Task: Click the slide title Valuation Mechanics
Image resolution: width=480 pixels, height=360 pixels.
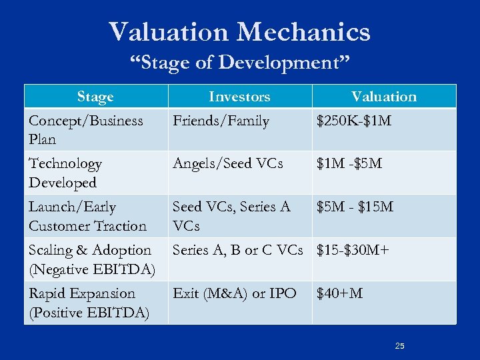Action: pyautogui.click(x=239, y=31)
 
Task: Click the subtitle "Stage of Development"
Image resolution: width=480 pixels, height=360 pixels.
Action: pyautogui.click(x=239, y=63)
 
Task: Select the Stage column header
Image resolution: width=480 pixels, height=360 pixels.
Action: pyautogui.click(x=95, y=97)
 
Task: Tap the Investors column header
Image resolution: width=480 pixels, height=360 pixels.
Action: pyautogui.click(x=239, y=97)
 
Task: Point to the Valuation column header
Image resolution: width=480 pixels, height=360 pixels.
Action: pyautogui.click(x=384, y=97)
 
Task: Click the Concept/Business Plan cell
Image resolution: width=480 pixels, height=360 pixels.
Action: pyautogui.click(x=85, y=130)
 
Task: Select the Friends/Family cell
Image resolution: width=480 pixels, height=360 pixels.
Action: pyautogui.click(x=221, y=121)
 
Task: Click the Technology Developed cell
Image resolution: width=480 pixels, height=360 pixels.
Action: pyautogui.click(x=65, y=173)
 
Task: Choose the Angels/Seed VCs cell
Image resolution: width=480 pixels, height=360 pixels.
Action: pyautogui.click(x=227, y=164)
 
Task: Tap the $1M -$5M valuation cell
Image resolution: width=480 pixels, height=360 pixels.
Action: pyautogui.click(x=349, y=164)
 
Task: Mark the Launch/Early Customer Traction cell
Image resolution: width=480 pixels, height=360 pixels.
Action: pyautogui.click(x=87, y=217)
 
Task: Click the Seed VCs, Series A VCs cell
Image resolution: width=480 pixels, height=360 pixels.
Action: pyautogui.click(x=231, y=217)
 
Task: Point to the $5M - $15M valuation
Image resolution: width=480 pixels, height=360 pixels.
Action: pyautogui.click(x=355, y=207)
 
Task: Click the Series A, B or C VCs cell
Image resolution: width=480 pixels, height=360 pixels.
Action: pyautogui.click(x=237, y=251)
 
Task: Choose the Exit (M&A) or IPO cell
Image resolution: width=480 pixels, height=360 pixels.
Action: pyautogui.click(x=234, y=293)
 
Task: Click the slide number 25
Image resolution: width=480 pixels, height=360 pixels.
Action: pyautogui.click(x=400, y=346)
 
